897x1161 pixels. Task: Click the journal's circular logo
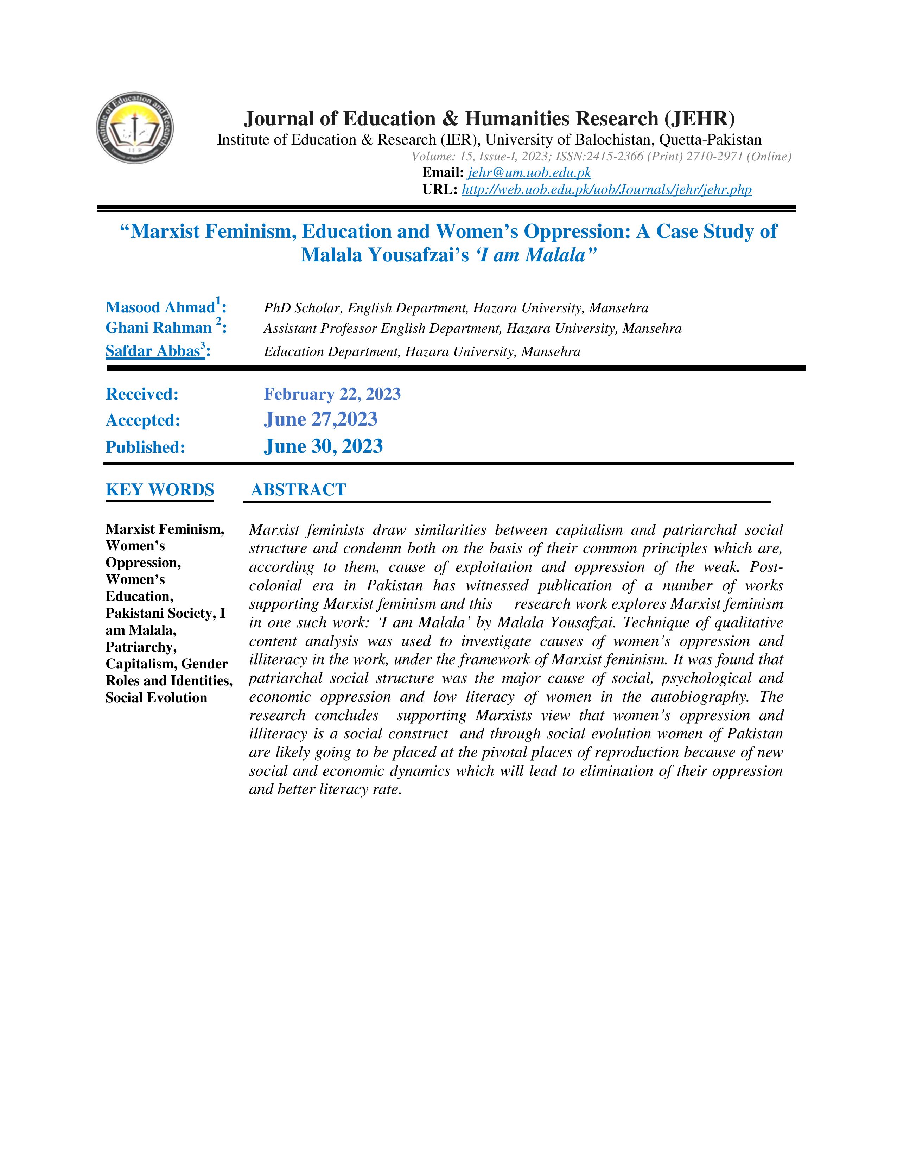[x=135, y=128]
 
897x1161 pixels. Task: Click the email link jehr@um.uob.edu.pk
[x=529, y=173]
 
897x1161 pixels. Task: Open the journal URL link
[x=606, y=190]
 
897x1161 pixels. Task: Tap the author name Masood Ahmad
[x=160, y=307]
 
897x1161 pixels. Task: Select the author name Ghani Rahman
[x=159, y=328]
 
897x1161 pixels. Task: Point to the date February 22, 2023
[x=332, y=394]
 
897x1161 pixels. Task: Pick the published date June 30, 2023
[x=323, y=446]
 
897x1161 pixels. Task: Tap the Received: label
[x=142, y=394]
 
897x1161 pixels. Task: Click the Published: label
[x=145, y=447]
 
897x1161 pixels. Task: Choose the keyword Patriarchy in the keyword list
[x=141, y=647]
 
